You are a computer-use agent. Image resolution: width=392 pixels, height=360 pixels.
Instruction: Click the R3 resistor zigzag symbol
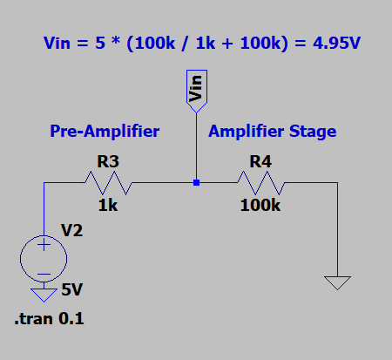[x=107, y=183]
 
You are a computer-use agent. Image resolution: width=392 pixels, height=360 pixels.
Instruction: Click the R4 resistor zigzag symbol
[x=260, y=183]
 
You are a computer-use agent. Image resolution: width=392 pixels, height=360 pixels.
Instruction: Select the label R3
[x=108, y=161]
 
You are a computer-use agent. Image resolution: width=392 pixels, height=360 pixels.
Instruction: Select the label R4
[x=260, y=161]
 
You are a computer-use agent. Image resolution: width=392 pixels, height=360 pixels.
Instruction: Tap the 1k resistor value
[x=107, y=206]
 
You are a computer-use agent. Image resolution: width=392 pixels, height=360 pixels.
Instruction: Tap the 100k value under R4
[x=260, y=206]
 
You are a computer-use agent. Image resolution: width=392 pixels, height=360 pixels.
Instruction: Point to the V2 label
[x=71, y=232]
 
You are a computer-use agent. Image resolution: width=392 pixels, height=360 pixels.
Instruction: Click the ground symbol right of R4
[x=337, y=282]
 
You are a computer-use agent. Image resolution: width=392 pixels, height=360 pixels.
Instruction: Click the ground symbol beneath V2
[x=42, y=294]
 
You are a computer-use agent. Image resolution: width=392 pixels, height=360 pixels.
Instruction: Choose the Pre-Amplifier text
[x=105, y=132]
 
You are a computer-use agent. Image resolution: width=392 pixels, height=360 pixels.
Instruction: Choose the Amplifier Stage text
[x=272, y=132]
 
